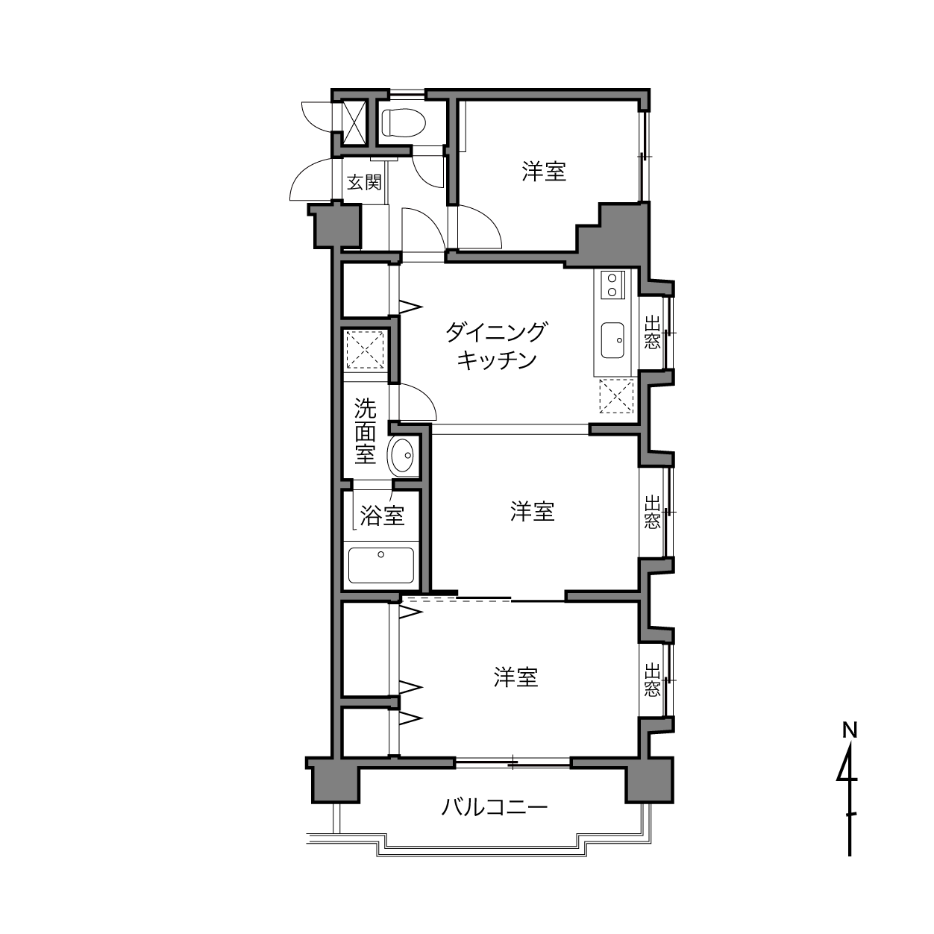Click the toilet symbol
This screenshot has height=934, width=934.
[404, 123]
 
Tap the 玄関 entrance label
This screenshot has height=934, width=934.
[365, 182]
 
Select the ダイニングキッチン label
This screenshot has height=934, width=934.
[496, 345]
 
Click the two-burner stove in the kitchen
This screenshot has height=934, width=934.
[612, 285]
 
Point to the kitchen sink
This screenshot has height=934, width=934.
[612, 340]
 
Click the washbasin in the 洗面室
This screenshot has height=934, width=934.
[402, 455]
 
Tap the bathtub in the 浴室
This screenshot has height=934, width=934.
[381, 565]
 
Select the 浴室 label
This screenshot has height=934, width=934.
[382, 515]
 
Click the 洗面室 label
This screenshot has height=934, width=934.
[365, 431]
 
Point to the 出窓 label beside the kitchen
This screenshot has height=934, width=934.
[653, 333]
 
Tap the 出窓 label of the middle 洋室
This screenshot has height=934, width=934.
[653, 512]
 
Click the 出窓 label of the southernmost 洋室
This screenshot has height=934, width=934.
[653, 680]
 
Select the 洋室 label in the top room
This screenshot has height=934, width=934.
[544, 172]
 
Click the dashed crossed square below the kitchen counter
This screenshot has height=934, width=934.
[616, 396]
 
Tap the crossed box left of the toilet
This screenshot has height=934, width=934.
[354, 123]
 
